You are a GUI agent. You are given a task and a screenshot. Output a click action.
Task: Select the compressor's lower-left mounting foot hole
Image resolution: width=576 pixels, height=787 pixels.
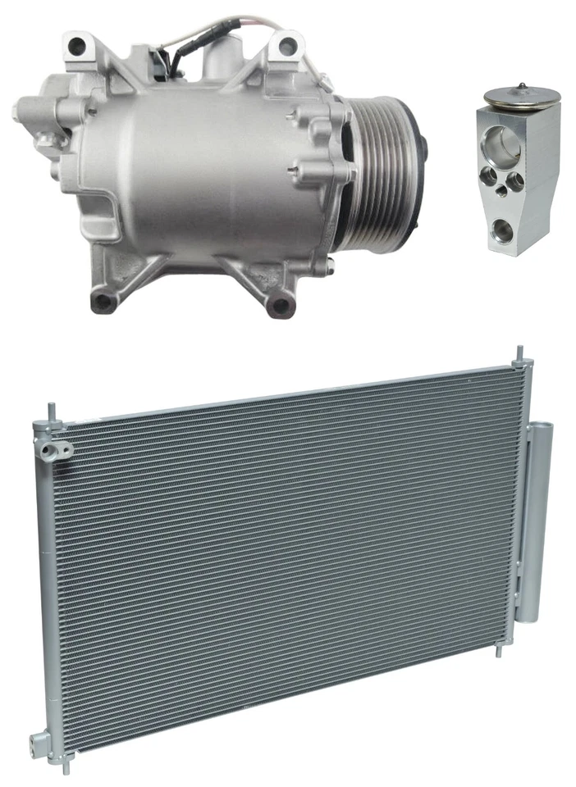coord(103,302)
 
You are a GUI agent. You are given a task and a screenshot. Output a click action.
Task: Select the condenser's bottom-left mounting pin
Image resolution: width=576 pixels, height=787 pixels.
coord(54,762)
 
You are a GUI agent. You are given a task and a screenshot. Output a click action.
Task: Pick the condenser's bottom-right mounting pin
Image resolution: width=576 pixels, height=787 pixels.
coord(497,652)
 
